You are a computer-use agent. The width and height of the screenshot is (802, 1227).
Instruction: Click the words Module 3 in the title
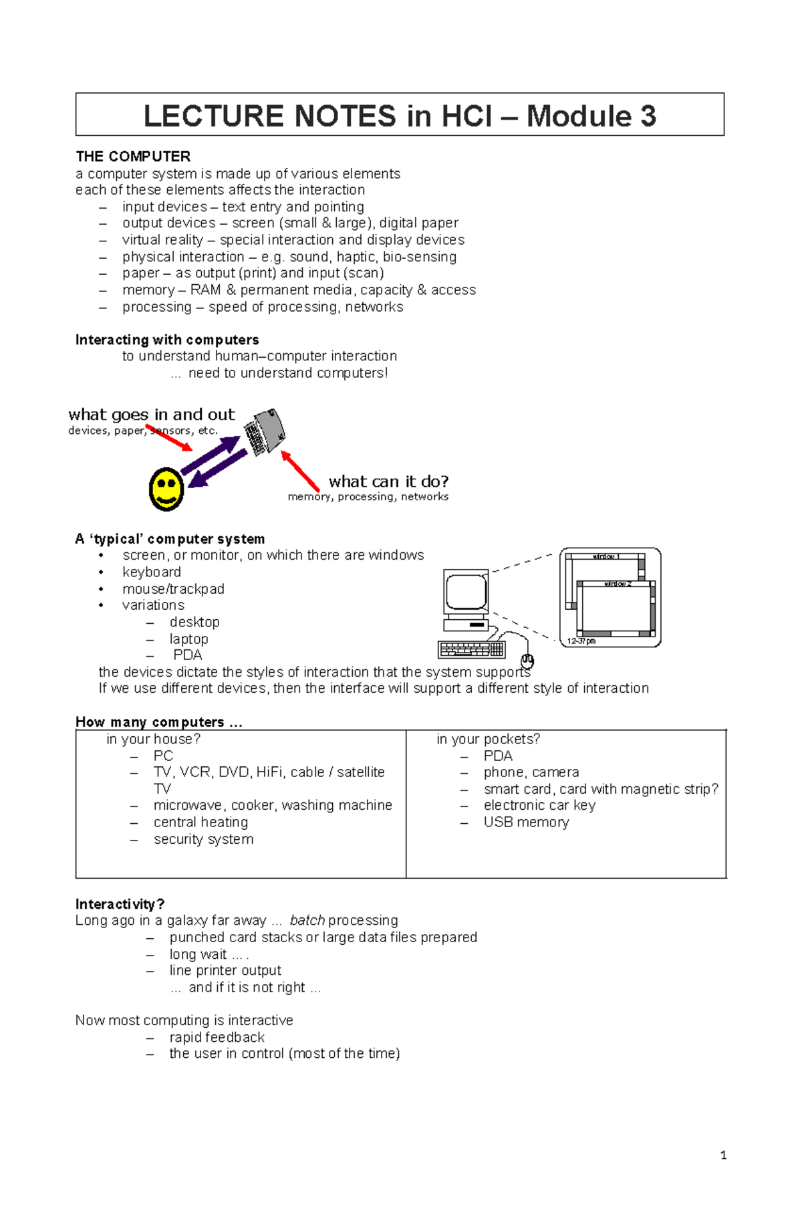591,116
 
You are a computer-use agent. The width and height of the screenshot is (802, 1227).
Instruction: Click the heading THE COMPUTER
133,156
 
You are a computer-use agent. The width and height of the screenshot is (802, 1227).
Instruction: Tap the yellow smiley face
166,489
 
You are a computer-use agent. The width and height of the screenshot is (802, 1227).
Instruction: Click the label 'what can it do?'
388,481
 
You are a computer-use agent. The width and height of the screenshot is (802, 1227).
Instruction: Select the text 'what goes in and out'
152,415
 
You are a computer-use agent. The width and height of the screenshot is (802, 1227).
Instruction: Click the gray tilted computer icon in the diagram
265,431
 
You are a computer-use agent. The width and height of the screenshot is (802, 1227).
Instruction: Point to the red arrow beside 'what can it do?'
300,471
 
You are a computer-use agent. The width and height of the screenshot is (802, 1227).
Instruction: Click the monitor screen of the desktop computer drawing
466,591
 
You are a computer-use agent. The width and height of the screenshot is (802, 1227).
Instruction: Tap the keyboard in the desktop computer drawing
471,649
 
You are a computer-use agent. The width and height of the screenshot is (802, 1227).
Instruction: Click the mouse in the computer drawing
527,661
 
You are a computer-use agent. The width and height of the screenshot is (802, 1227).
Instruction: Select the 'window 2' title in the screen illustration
617,584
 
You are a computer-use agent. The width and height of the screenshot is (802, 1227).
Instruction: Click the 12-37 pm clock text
581,641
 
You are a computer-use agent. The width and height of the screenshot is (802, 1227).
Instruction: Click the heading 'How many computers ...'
158,722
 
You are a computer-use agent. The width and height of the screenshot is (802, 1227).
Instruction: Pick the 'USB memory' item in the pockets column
526,822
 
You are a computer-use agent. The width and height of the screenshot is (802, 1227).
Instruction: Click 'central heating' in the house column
200,822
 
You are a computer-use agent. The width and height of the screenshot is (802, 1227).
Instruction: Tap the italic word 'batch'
307,920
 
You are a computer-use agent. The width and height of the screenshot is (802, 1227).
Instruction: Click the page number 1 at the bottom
723,1155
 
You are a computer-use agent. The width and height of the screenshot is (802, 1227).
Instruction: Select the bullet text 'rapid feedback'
217,1037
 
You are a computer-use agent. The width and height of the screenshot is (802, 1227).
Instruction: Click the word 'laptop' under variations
188,639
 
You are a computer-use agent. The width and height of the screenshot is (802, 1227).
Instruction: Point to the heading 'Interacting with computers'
167,340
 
